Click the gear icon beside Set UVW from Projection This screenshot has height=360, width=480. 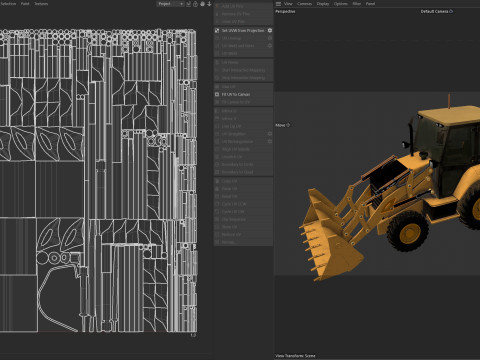(270, 30)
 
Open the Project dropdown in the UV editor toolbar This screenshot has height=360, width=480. (169, 4)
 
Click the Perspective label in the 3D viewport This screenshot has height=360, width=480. (286, 11)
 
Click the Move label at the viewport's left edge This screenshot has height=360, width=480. (282, 125)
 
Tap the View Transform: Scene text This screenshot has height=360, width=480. (297, 354)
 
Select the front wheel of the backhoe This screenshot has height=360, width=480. (409, 232)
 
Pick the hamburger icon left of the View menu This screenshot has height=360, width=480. (279, 4)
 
